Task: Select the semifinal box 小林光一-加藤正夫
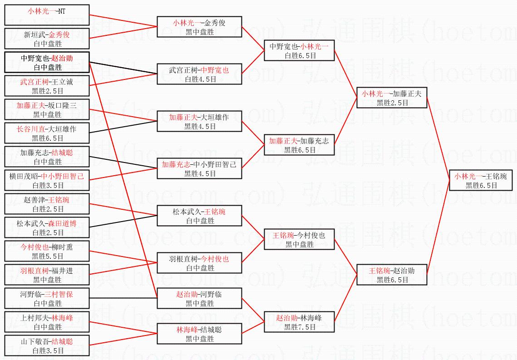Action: click(392, 98)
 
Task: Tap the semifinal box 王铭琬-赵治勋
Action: click(392, 275)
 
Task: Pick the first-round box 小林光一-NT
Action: click(47, 15)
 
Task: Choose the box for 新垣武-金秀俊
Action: click(47, 39)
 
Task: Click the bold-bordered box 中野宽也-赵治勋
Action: click(47, 62)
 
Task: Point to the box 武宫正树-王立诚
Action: click(47, 86)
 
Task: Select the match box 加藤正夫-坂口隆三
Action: click(47, 109)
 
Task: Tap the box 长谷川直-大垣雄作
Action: click(47, 133)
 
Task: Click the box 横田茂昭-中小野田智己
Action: click(47, 180)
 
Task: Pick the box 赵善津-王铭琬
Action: click(47, 204)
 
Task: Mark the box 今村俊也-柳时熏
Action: click(47, 251)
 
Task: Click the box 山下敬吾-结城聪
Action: click(47, 345)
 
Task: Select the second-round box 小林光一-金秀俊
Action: click(199, 27)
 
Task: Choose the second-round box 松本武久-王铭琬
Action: click(199, 216)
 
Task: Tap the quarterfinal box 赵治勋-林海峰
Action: click(299, 322)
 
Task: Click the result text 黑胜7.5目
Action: click(299, 326)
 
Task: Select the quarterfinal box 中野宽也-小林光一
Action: click(299, 50)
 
